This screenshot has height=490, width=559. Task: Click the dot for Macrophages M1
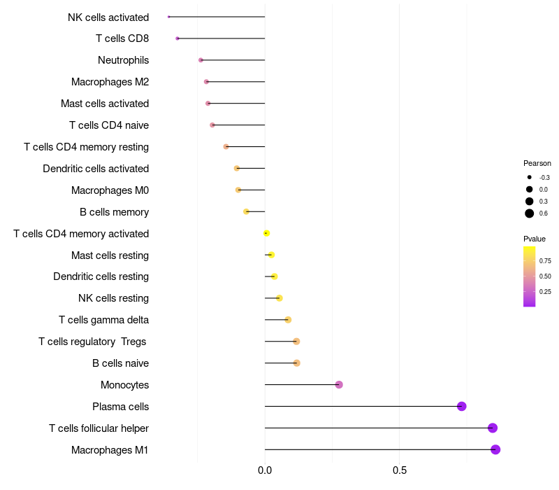pyautogui.click(x=495, y=449)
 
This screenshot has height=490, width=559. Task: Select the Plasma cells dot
pyautogui.click(x=461, y=406)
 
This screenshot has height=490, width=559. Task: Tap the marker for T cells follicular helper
pyautogui.click(x=493, y=428)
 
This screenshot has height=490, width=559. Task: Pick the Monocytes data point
pyautogui.click(x=339, y=384)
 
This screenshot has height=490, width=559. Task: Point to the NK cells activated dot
pyautogui.click(x=169, y=17)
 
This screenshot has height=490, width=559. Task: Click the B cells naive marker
pyautogui.click(x=297, y=363)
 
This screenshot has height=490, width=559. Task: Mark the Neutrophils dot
pyautogui.click(x=201, y=60)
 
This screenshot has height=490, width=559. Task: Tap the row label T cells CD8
pyautogui.click(x=122, y=38)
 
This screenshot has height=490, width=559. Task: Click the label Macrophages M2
pyautogui.click(x=110, y=82)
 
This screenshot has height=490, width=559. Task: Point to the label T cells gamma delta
pyautogui.click(x=103, y=320)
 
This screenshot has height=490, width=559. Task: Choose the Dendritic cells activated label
pyautogui.click(x=96, y=169)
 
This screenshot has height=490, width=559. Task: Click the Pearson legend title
pyautogui.click(x=537, y=163)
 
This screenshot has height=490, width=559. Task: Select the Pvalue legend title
pyautogui.click(x=535, y=239)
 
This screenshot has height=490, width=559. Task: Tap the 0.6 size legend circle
pyautogui.click(x=530, y=213)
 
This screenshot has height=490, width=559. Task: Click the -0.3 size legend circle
pyautogui.click(x=530, y=178)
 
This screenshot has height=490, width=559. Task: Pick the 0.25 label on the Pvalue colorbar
pyautogui.click(x=545, y=292)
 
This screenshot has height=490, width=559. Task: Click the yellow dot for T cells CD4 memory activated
pyautogui.click(x=266, y=233)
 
